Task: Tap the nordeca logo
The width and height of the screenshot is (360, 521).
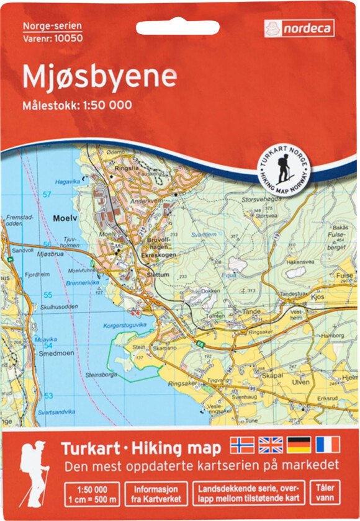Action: [300, 28]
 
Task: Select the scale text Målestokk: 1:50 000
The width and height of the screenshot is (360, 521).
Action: [78, 105]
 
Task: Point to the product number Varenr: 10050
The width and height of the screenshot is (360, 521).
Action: [52, 37]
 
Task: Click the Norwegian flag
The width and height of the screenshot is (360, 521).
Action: [242, 445]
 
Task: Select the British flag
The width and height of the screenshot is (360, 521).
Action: [271, 445]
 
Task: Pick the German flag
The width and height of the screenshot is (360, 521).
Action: [299, 445]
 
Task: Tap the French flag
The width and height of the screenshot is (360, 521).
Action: [327, 445]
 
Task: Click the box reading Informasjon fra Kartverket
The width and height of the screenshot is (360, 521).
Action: [155, 493]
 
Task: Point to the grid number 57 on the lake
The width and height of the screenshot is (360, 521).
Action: [47, 195]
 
